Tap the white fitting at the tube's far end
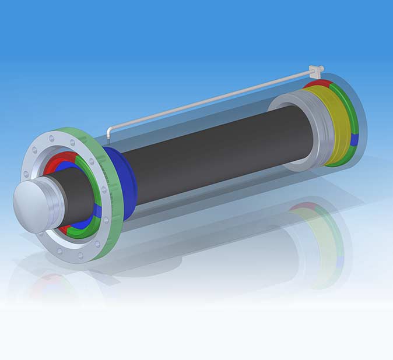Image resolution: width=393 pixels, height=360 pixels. [317, 70]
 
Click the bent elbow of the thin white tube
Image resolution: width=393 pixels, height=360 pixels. [110, 130]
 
